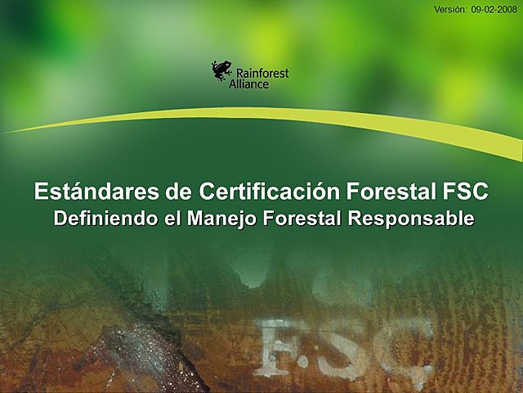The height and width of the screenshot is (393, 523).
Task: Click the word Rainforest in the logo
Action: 261,73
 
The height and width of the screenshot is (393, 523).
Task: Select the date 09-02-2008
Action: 494,9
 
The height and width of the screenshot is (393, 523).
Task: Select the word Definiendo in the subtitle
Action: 101,219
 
